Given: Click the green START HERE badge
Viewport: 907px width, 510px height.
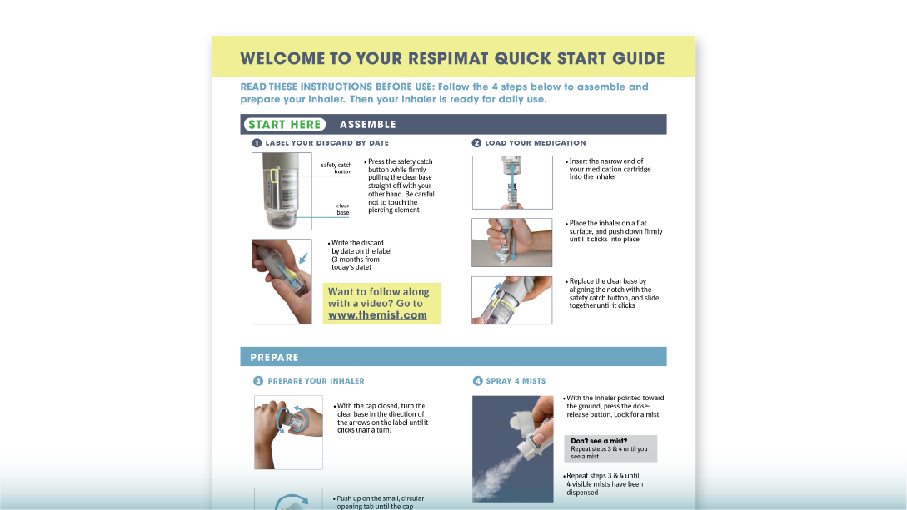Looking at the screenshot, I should pos(284,125).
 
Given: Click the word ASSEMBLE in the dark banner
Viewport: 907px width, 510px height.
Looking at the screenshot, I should pos(367,125).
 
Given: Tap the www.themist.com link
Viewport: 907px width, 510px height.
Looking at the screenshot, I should pos(377,315).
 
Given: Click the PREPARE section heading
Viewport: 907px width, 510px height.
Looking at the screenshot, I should pos(274,357).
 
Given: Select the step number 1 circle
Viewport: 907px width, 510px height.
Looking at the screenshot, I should pos(257,143).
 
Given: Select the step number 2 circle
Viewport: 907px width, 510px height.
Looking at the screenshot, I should pos(476,143).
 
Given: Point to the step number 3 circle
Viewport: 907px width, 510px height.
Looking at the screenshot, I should pos(257,381).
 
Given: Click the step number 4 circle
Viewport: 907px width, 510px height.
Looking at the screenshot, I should pos(477,381).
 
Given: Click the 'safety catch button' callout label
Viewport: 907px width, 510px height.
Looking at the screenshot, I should pos(336,168).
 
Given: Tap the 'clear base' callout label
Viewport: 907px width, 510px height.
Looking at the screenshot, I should pos(342,209).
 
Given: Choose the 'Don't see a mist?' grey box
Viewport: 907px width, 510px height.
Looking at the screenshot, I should pos(610,448).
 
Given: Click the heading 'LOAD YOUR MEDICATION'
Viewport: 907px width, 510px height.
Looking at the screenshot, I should pos(535,143).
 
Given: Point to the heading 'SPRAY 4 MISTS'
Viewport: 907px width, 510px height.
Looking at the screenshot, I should pos(516,381).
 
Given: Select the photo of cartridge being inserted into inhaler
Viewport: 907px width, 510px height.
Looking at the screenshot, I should pos(511,182).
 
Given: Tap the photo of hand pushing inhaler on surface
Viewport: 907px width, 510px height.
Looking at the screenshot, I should pos(511,242).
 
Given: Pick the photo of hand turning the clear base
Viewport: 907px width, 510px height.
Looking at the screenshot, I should pos(287,432).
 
